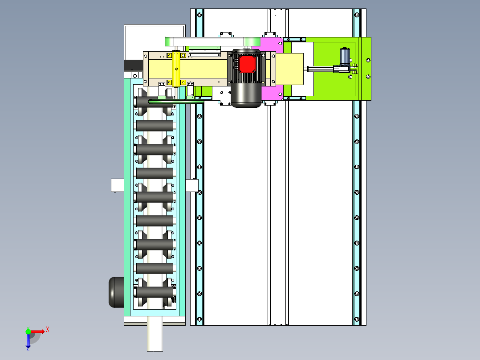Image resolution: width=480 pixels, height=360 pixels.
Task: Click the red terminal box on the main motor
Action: point(247,64)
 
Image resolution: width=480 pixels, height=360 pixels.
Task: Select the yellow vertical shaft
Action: point(176,69)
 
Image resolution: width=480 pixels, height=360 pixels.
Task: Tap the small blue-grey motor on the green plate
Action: point(345,56)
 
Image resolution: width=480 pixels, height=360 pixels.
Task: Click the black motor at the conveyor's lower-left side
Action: point(116,292)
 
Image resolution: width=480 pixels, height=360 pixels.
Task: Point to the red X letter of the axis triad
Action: point(48,330)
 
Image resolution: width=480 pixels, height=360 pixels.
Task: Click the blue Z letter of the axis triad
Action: point(28,348)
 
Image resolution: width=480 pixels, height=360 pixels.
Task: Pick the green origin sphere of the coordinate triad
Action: point(28,331)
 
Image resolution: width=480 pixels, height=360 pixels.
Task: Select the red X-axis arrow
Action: point(37,331)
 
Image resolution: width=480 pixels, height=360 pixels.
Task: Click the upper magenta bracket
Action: point(272,45)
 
